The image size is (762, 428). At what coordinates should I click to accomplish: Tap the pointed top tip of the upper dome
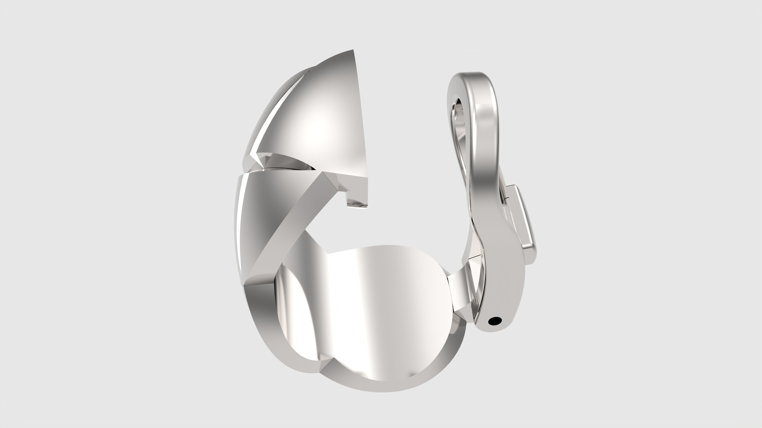tap(352, 51)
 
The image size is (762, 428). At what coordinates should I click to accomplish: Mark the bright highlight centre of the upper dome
tap(321, 123)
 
